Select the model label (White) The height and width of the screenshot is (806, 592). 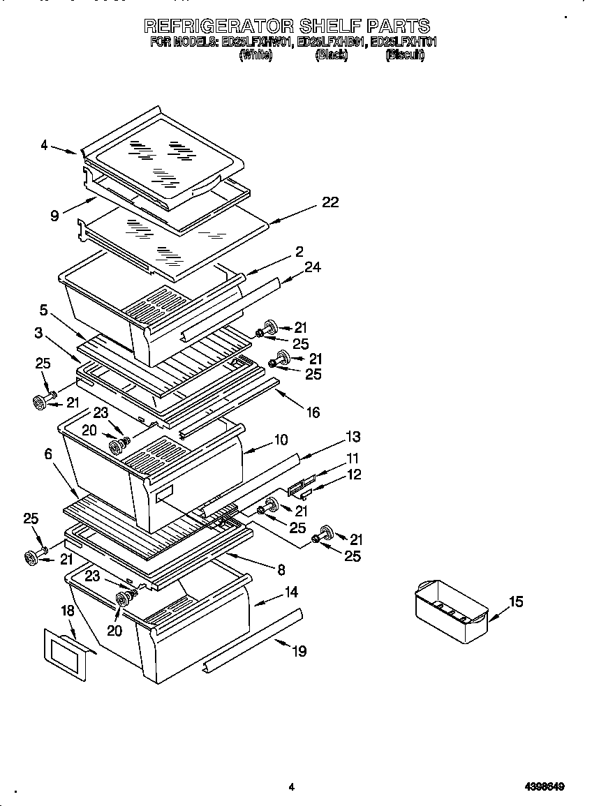(x=255, y=55)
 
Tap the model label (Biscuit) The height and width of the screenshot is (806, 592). (x=405, y=55)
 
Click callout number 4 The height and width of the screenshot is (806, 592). (x=44, y=145)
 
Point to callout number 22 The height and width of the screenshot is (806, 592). (x=330, y=202)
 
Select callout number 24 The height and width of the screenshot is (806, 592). (x=312, y=267)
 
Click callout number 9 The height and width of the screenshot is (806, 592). (x=54, y=216)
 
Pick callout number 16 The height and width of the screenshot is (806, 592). (x=313, y=412)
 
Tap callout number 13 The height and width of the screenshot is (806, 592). (x=353, y=437)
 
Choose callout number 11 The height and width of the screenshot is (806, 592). (x=353, y=458)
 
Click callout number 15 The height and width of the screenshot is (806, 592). (x=515, y=602)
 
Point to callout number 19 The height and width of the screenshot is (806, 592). (x=299, y=651)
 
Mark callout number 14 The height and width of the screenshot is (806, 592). (x=290, y=592)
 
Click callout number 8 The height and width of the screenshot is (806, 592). (x=281, y=569)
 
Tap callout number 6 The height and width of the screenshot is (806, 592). (x=47, y=454)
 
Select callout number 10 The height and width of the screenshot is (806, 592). (x=281, y=440)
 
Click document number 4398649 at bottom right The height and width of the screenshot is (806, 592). (x=544, y=786)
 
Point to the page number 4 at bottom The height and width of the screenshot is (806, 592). (x=291, y=787)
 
